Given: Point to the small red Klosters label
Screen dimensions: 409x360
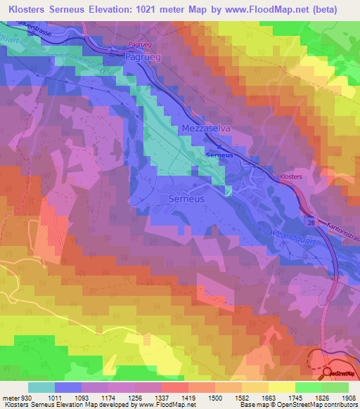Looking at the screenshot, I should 290,177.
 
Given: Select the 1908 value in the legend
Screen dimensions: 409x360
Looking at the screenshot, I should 340,397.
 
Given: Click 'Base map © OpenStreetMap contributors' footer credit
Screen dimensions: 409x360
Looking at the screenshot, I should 297,405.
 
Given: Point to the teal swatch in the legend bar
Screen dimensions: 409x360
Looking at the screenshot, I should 41,387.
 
